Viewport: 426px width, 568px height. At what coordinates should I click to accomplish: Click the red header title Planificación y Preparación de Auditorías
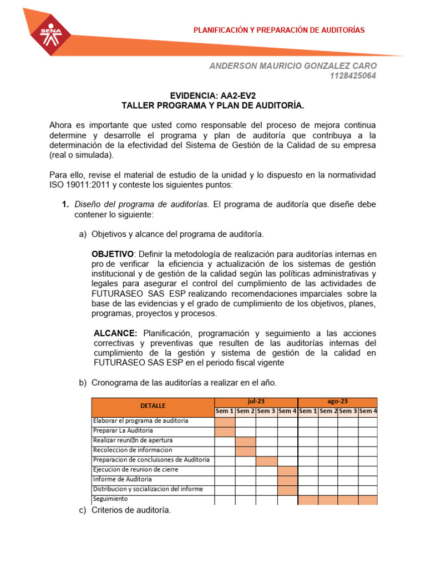click(x=278, y=30)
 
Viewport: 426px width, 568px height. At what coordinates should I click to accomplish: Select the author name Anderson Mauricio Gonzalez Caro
click(x=292, y=66)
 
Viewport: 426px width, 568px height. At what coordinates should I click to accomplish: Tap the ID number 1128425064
click(x=353, y=76)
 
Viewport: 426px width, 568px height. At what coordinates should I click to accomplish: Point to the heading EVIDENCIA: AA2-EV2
click(x=212, y=95)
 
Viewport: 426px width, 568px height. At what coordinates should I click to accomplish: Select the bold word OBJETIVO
click(x=112, y=253)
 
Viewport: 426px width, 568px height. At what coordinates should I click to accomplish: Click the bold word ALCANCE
click(x=115, y=333)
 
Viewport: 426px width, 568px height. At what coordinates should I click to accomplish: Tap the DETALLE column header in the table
click(x=153, y=406)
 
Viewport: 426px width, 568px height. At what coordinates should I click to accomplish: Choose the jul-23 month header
click(x=256, y=401)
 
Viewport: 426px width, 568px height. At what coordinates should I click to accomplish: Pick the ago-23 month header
click(x=337, y=401)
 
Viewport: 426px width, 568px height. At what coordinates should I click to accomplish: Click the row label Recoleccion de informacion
click(x=133, y=450)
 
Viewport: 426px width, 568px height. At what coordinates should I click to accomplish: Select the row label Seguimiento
click(x=110, y=499)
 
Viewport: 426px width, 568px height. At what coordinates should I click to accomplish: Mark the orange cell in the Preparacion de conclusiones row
click(x=266, y=460)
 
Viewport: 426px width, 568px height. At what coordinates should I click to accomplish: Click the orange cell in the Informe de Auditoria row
click(x=287, y=479)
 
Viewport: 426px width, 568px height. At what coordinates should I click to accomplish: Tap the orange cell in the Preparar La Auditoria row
click(x=225, y=430)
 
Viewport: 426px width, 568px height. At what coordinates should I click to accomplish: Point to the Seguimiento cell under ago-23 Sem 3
click(x=347, y=499)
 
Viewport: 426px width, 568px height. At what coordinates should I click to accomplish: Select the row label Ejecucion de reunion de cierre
click(x=135, y=469)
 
